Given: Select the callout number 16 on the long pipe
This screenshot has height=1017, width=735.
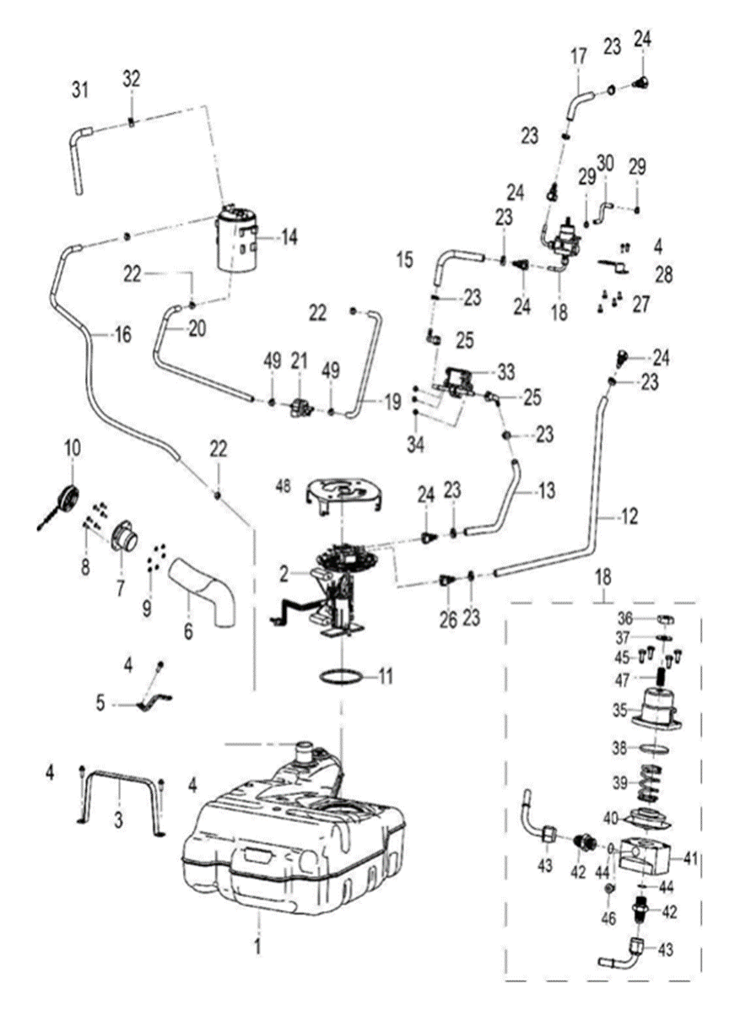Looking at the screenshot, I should pos(122,336).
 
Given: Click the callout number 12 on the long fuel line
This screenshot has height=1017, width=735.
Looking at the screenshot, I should pos(630,513).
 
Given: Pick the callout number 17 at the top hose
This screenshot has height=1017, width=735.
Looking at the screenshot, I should pos(578,57).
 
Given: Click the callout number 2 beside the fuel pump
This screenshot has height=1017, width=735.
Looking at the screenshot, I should pos(287,573).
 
